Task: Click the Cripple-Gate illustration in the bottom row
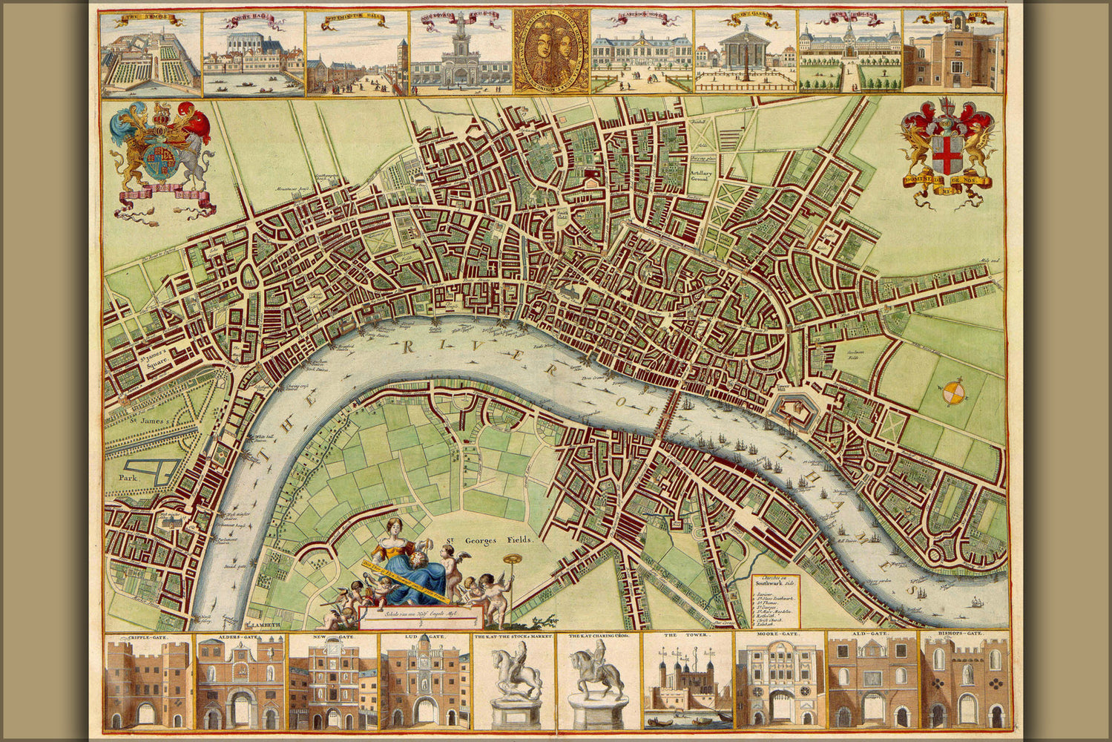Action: click(148, 683)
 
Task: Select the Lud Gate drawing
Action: click(426, 683)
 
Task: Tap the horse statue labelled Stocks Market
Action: click(516, 683)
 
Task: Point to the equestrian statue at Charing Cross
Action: click(597, 683)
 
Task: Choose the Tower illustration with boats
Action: click(688, 683)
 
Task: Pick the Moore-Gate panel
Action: click(780, 683)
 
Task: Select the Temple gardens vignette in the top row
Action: click(151, 53)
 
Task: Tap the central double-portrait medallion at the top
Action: click(550, 50)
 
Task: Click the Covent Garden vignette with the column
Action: click(745, 53)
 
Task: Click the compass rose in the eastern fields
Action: click(953, 392)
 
